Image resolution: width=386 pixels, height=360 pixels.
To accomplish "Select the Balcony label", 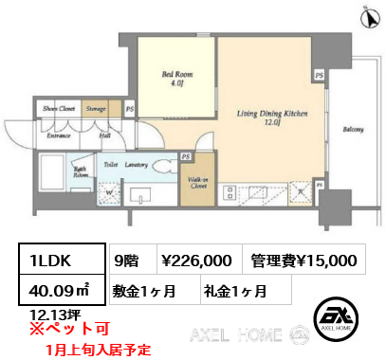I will (353, 130).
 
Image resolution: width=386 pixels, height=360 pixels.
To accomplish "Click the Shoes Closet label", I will (59, 109).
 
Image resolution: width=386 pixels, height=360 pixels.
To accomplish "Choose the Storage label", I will (95, 109).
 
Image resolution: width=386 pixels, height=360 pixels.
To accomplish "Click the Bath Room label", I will (54, 173).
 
